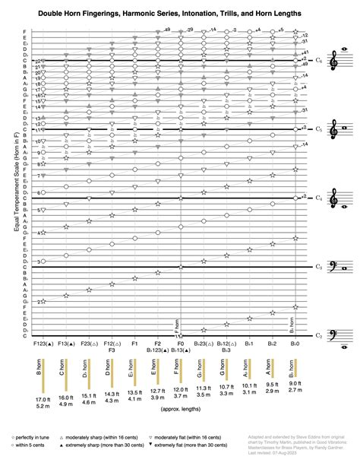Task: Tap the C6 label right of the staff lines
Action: pyautogui.click(x=319, y=60)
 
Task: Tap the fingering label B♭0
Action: pyautogui.click(x=293, y=344)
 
